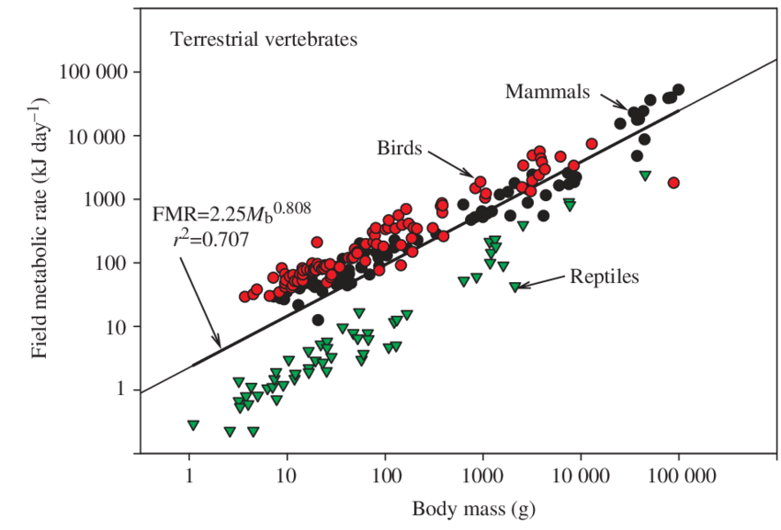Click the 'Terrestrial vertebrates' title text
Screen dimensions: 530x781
[x=263, y=39]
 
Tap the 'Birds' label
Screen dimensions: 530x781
[x=399, y=148]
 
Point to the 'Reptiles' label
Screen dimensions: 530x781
[x=604, y=276]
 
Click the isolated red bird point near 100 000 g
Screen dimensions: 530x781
[x=673, y=183]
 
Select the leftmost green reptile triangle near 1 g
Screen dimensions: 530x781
[x=193, y=425]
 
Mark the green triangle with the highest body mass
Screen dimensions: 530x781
[x=645, y=175]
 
